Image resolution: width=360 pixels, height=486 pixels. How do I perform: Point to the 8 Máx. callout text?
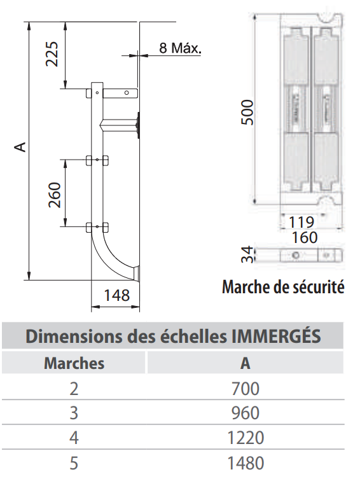pos(180,48)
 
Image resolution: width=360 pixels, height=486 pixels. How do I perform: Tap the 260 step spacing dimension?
pos(53,193)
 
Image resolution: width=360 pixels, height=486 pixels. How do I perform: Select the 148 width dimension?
pos(116,295)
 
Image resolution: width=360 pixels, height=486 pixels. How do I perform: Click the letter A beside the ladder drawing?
pos(21,147)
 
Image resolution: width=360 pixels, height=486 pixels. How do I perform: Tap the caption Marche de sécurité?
pos(283,288)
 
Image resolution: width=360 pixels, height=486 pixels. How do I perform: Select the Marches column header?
pos(74,363)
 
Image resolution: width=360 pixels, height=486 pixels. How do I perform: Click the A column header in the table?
pos(245,363)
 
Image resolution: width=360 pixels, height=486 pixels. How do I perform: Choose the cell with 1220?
pos(245,438)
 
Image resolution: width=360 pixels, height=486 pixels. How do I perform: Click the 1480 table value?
pos(245,462)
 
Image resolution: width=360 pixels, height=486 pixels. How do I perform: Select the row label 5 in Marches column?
pos(74,462)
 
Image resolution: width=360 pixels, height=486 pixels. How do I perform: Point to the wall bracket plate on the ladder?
pos(137,125)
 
